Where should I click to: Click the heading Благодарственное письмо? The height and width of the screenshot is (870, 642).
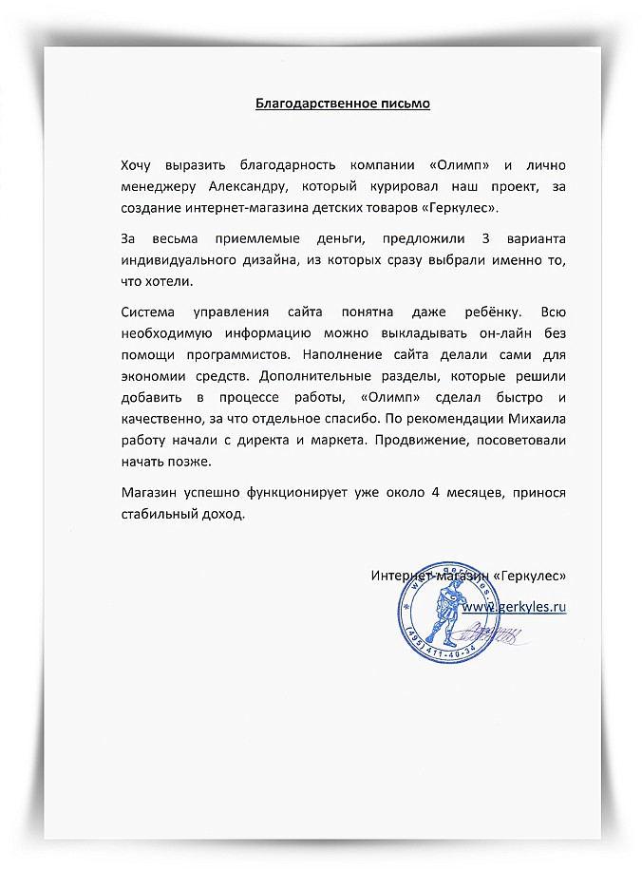pos(343,103)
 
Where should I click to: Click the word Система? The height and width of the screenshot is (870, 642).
pos(152,312)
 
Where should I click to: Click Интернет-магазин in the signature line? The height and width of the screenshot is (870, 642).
pos(426,577)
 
